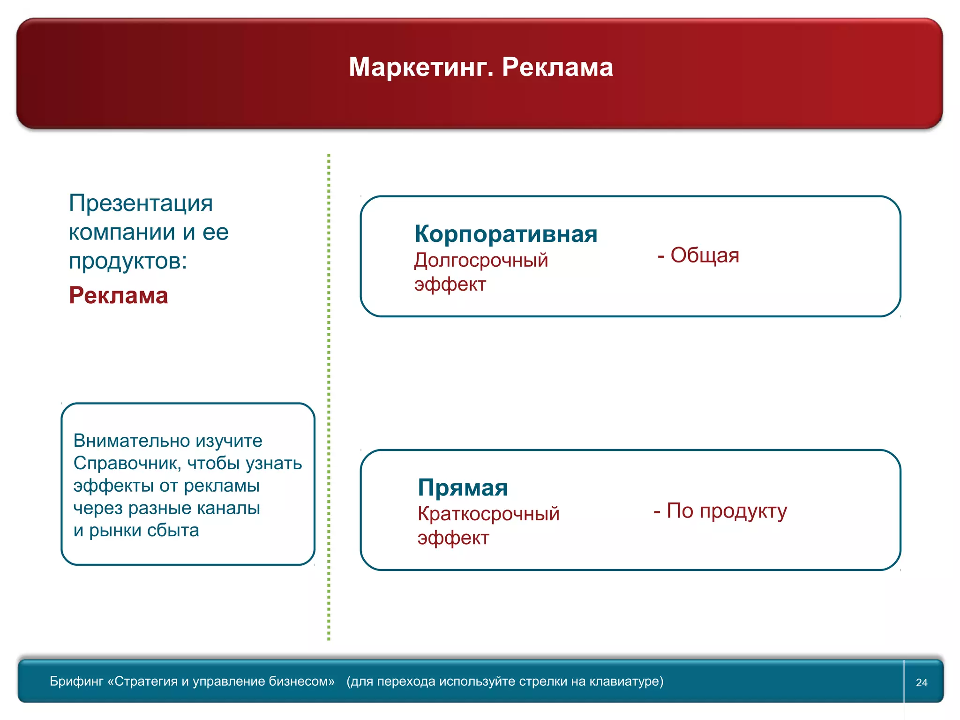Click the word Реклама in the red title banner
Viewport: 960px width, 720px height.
pos(557,67)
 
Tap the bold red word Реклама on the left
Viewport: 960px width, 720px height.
pos(118,296)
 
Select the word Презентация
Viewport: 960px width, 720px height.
pos(141,203)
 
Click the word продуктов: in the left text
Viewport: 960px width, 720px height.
pos(127,261)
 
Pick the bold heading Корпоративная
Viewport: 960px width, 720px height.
pos(506,234)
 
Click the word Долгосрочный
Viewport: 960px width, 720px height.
pos(481,261)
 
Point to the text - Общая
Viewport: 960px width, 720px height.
pos(698,255)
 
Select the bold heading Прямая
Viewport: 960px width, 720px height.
pos(463,487)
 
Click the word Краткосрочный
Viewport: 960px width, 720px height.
pos(488,514)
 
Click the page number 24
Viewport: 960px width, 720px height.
pos(922,682)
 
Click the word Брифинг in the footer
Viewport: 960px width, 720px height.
pos(76,682)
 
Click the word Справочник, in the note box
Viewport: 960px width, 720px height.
pos(127,464)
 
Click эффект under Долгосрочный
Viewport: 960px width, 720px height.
pos(450,285)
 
